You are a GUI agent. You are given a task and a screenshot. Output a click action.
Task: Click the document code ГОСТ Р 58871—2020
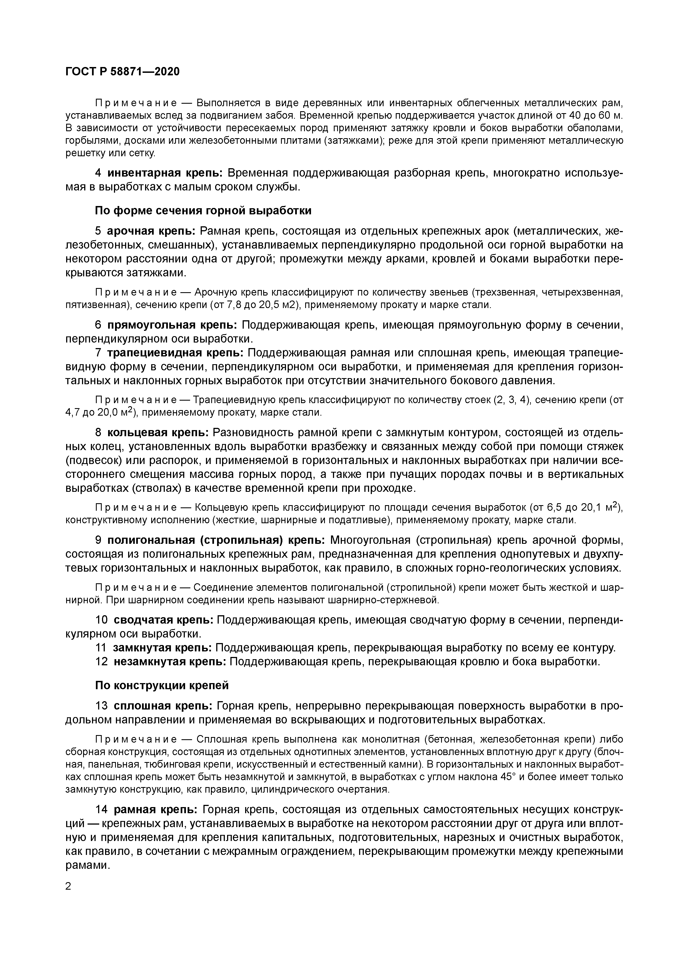point(122,72)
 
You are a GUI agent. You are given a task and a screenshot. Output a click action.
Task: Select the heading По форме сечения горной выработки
point(203,211)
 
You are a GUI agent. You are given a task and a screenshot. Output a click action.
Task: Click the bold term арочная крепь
point(151,231)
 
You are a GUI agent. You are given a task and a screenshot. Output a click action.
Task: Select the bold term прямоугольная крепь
point(172,325)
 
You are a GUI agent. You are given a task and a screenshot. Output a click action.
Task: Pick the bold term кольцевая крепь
point(158,433)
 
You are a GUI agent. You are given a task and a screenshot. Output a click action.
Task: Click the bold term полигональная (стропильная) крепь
point(216,540)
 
